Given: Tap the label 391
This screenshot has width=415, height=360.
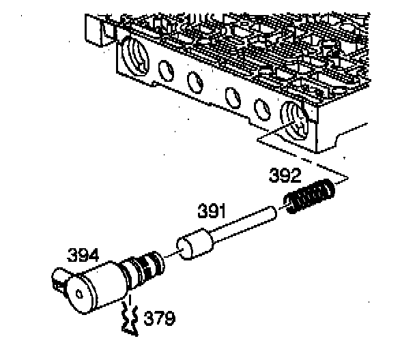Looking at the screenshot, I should pyautogui.click(x=212, y=211).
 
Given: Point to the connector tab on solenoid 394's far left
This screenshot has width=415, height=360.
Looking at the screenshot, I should pyautogui.click(x=58, y=279).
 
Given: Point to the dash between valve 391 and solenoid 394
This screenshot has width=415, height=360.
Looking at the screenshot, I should pyautogui.click(x=168, y=257).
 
